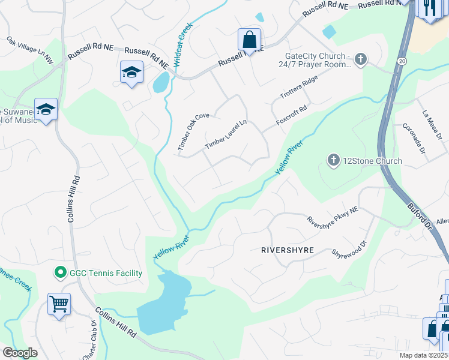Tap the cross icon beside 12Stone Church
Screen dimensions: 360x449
tap(333, 160)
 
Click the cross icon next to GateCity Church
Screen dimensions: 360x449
tap(360, 59)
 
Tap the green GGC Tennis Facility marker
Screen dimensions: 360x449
tap(60, 273)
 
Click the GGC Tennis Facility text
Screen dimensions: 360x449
tap(106, 274)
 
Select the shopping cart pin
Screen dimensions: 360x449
tap(59, 304)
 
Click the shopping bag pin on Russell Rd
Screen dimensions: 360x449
tap(249, 40)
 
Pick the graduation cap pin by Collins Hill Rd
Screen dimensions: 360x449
tap(46, 109)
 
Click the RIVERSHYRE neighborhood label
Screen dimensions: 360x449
tap(288, 250)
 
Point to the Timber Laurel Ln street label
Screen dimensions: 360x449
tap(226, 134)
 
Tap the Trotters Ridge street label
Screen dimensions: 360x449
tap(298, 88)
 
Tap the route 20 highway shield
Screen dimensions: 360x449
tap(402, 61)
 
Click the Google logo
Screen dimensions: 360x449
tap(20, 353)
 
